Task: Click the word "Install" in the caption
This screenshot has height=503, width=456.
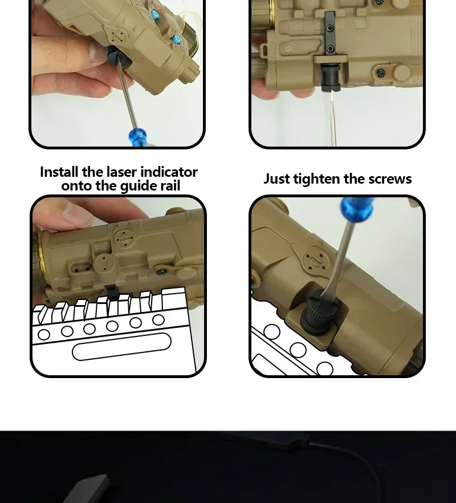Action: coord(59,172)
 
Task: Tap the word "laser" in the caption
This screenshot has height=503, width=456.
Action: coord(122,172)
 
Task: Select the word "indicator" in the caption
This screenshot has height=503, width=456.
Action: coord(169,172)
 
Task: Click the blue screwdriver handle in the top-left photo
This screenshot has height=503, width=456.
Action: coord(137,137)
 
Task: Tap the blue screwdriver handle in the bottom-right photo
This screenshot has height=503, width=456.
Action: coord(357,209)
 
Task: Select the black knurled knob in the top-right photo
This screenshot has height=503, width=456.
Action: coord(329,78)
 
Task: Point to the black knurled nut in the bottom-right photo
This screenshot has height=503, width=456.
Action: coord(316,312)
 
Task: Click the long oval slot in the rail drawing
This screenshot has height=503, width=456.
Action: coord(121,347)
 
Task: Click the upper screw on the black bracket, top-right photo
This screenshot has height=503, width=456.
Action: coord(329,29)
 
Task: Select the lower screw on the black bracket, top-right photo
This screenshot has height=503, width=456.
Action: coord(329,49)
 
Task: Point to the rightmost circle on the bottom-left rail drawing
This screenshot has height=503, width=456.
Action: coord(158,320)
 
